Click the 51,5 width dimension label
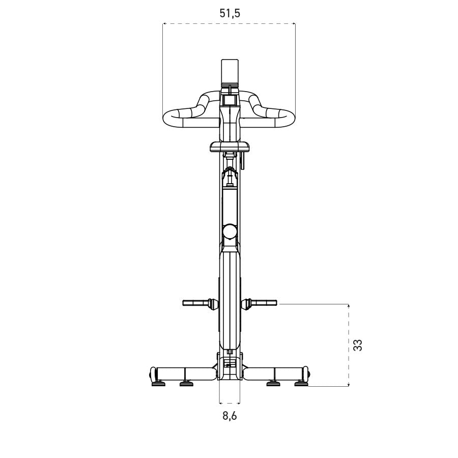pyautogui.click(x=230, y=14)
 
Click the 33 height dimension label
pyautogui.click(x=358, y=345)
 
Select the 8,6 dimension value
pyautogui.click(x=230, y=416)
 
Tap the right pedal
pyautogui.click(x=264, y=303)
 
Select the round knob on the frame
pyautogui.click(x=230, y=232)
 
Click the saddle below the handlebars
pyautogui.click(x=230, y=147)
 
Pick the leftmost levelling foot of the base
pyautogui.click(x=158, y=384)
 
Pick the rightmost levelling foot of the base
pyautogui.click(x=301, y=384)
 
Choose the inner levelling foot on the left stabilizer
pyautogui.click(x=187, y=384)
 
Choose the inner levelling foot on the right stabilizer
pyautogui.click(x=273, y=384)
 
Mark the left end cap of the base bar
pyautogui.click(x=151, y=374)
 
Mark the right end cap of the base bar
pyautogui.click(x=307, y=374)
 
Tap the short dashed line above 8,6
pyautogui.click(x=229, y=402)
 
